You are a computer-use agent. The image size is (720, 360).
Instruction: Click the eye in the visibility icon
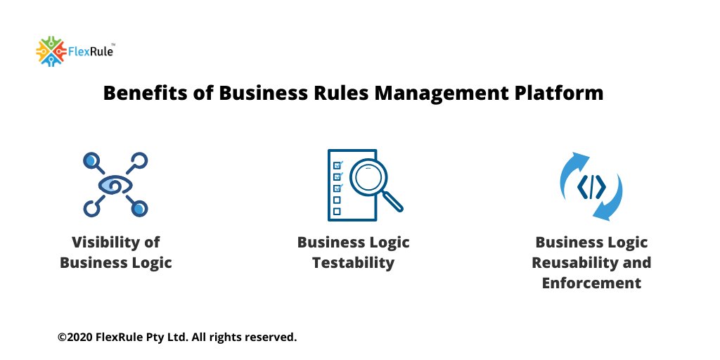pos(115,184)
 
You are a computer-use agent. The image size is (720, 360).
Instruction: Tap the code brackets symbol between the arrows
pos(591,186)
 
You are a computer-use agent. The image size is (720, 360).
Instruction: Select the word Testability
pos(353,263)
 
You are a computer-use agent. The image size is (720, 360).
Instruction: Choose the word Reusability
pos(567,263)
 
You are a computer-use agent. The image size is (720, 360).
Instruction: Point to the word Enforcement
pos(591,283)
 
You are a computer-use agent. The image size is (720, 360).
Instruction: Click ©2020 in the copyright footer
pos(74,337)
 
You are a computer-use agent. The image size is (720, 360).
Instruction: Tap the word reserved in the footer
pos(271,337)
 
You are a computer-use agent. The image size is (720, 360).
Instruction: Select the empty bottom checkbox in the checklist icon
pos(337,211)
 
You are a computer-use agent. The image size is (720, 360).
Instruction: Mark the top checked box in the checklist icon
pos(337,166)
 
